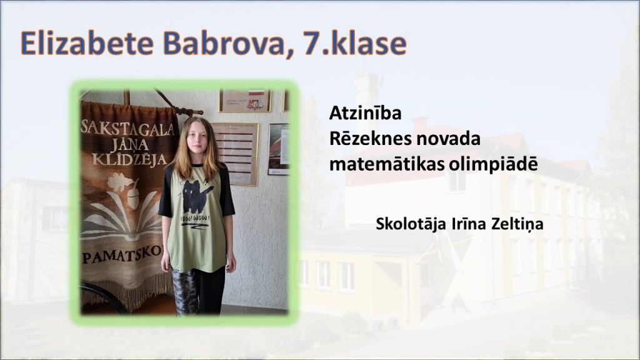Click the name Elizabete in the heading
[x=87, y=43]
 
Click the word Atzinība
[x=365, y=113]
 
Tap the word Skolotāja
[x=411, y=224]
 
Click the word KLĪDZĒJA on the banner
[x=130, y=158]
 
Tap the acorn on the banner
[x=134, y=198]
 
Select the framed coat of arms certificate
[x=245, y=101]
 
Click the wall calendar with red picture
[x=279, y=149]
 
